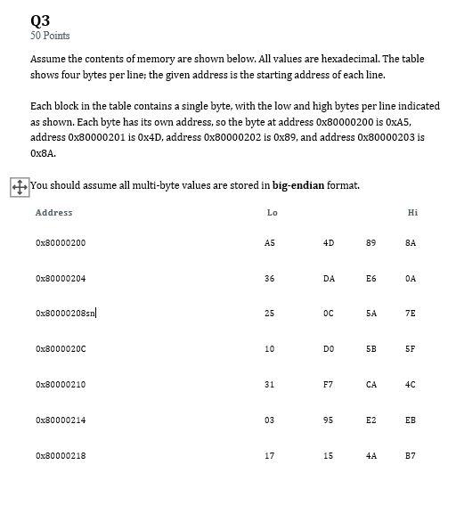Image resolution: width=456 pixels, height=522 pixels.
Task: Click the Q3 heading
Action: pos(40,20)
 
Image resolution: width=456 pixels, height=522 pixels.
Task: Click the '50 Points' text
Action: pos(50,36)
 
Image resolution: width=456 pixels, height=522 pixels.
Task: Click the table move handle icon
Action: pos(18,187)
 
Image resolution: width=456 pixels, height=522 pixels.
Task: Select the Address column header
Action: pos(53,213)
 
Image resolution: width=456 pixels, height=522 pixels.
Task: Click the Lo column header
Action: pos(272,213)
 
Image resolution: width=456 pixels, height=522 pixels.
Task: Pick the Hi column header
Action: pos(411,213)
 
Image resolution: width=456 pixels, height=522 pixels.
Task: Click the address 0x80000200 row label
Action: pos(61,243)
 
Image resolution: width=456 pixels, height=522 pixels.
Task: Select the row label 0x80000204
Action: pos(61,279)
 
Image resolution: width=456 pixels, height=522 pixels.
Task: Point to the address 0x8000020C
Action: pos(61,349)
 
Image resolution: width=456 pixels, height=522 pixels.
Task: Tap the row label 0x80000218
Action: pos(61,456)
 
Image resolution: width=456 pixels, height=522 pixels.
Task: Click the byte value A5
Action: pos(270,243)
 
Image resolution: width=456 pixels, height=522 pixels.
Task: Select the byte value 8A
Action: pos(411,243)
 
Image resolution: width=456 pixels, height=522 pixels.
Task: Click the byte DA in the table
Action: pos(329,279)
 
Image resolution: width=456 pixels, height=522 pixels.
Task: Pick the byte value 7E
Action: pos(411,314)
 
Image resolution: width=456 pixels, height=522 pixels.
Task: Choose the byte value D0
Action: pos(329,349)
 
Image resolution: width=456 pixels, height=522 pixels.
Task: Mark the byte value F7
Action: pos(329,385)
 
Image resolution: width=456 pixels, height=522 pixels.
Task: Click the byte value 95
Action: pos(329,420)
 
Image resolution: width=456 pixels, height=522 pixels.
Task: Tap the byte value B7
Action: pos(411,456)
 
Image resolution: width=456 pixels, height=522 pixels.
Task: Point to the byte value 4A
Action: pos(370,456)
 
